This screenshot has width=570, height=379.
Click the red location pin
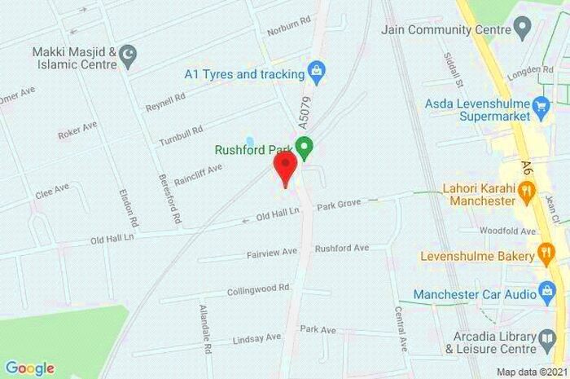(x=284, y=169)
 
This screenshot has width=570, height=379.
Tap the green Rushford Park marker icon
(x=305, y=149)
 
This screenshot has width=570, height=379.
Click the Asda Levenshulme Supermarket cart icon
(x=541, y=104)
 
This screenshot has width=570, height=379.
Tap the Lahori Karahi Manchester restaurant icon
(x=527, y=192)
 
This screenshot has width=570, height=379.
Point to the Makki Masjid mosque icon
(x=127, y=55)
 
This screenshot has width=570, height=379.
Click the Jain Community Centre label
(x=437, y=30)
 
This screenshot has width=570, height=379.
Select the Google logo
(x=29, y=368)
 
